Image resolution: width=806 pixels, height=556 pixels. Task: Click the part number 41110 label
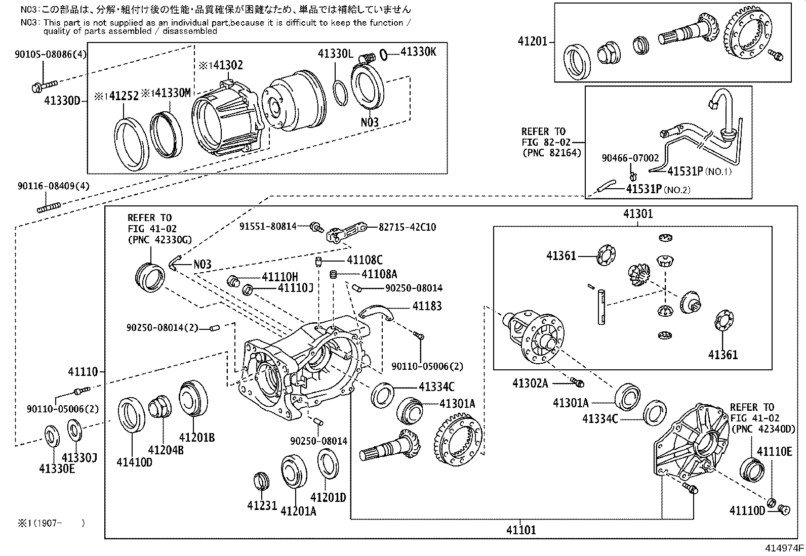pyautogui.click(x=83, y=372)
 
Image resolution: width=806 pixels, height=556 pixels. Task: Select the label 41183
pyautogui.click(x=426, y=306)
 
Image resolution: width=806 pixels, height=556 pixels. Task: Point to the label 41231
pyautogui.click(x=262, y=505)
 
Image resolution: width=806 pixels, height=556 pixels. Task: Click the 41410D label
pyautogui.click(x=134, y=462)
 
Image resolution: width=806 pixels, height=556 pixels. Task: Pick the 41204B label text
pyautogui.click(x=166, y=449)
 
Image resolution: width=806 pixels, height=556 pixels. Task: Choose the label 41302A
pyautogui.click(x=530, y=383)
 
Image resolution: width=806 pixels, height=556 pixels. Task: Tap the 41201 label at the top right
pyautogui.click(x=533, y=41)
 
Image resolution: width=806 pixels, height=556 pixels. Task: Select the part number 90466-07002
pyautogui.click(x=630, y=158)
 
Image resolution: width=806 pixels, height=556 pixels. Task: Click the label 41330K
pyautogui.click(x=418, y=51)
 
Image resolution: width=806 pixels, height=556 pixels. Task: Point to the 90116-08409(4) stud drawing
pyautogui.click(x=49, y=207)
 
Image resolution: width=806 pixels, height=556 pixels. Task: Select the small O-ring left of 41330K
pyautogui.click(x=383, y=53)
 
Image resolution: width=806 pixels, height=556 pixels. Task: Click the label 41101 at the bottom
pyautogui.click(x=520, y=530)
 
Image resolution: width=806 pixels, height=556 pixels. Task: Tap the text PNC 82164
pyautogui.click(x=552, y=152)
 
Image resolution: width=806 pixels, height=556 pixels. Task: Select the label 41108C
pyautogui.click(x=364, y=260)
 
